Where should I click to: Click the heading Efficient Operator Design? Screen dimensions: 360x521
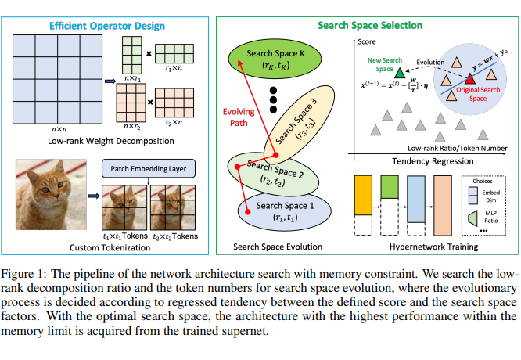coord(107,26)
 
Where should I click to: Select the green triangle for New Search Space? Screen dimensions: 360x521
coord(400,73)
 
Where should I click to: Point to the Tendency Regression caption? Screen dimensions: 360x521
coord(426,160)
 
